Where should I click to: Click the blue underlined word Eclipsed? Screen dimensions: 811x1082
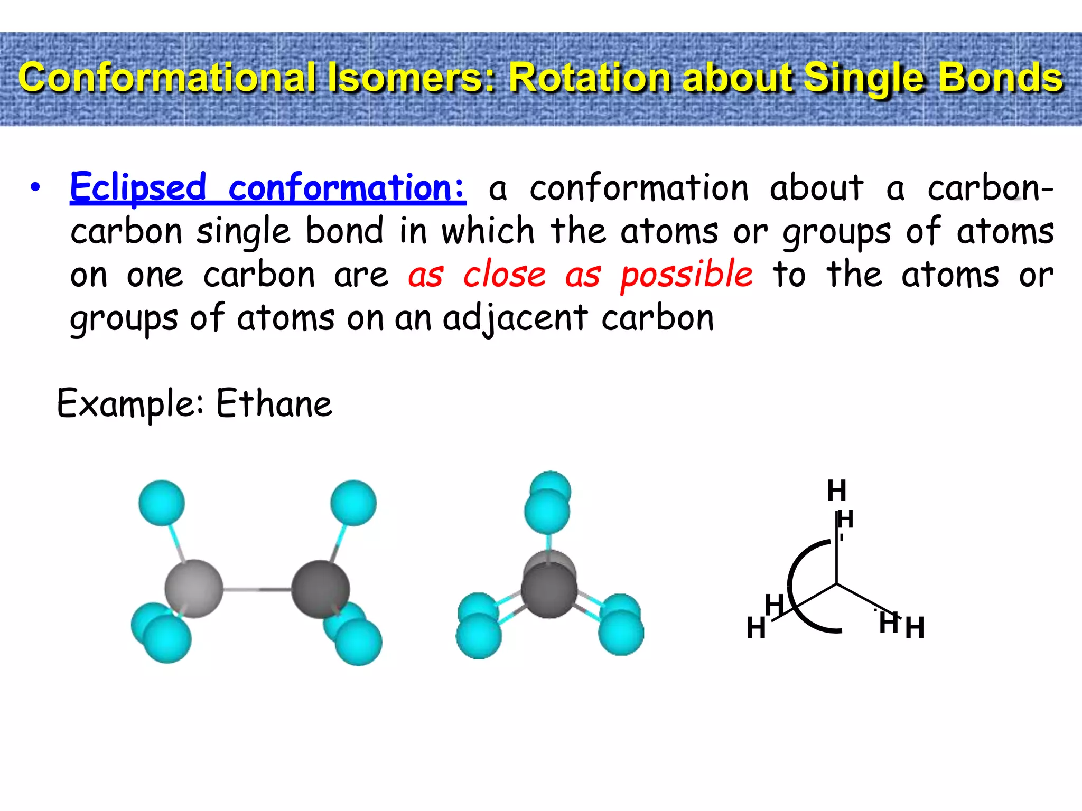pos(138,188)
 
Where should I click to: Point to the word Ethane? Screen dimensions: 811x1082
pos(274,404)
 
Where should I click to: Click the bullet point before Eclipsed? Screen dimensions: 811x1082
pos(35,188)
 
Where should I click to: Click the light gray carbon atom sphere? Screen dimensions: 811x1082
pos(193,589)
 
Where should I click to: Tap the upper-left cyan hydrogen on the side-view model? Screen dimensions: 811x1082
pos(162,503)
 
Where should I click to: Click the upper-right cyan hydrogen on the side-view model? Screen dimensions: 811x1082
pos(353,503)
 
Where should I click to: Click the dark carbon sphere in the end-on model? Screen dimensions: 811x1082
pos(549,590)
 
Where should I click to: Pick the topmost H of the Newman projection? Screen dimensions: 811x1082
pos(836,491)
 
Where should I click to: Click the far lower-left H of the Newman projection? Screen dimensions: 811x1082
pos(756,628)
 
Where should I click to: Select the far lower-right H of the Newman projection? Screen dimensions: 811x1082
pos(915,628)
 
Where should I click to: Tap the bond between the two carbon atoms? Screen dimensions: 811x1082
pos(257,589)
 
